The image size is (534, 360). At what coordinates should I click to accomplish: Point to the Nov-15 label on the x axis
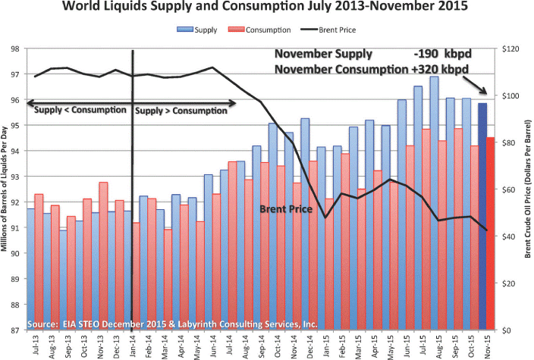(x=485, y=344)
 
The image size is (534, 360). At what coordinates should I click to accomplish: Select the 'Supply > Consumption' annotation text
(x=181, y=110)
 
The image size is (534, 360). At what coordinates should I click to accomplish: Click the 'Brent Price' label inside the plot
(x=286, y=208)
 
